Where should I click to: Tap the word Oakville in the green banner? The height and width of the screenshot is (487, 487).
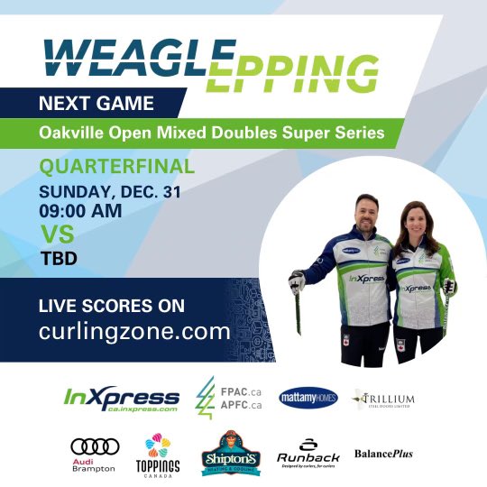pos(71,133)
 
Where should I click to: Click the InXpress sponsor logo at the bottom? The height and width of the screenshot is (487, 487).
pos(122,399)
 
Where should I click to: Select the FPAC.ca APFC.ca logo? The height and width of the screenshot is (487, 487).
pos(225,398)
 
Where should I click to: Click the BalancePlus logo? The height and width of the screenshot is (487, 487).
pos(383,453)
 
